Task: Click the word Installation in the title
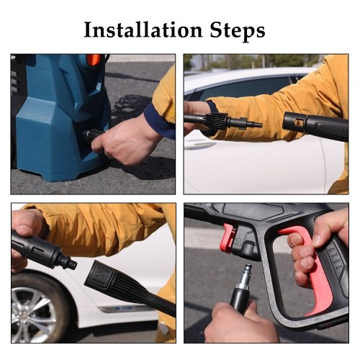(143, 30)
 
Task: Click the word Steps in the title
(238, 31)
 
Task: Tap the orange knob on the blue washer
(94, 60)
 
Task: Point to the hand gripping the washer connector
(125, 142)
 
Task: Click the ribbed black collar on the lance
(217, 121)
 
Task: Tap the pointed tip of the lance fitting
(261, 125)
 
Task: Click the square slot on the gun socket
(298, 122)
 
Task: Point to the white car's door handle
(200, 144)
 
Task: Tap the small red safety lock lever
(227, 238)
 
